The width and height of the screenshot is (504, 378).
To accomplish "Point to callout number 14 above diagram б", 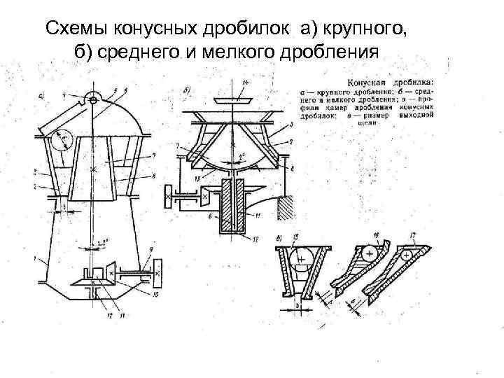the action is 245,83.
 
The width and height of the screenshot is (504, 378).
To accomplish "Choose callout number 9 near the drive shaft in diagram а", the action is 151,251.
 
